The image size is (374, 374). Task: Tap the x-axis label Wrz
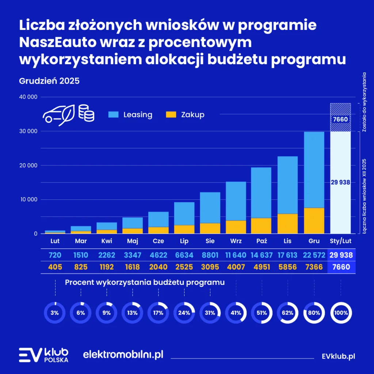pos(236,241)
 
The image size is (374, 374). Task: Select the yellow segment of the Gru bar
pos(314,221)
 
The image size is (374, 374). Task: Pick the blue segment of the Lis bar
pos(287,185)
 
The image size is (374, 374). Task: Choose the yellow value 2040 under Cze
pos(158,267)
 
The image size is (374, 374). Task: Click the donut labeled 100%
pos(341,313)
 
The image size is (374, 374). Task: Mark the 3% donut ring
pos(54,313)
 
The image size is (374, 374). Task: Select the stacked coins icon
pos(86,113)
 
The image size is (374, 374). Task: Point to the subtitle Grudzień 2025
pos(49,81)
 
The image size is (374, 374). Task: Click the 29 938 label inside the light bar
pos(341,182)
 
